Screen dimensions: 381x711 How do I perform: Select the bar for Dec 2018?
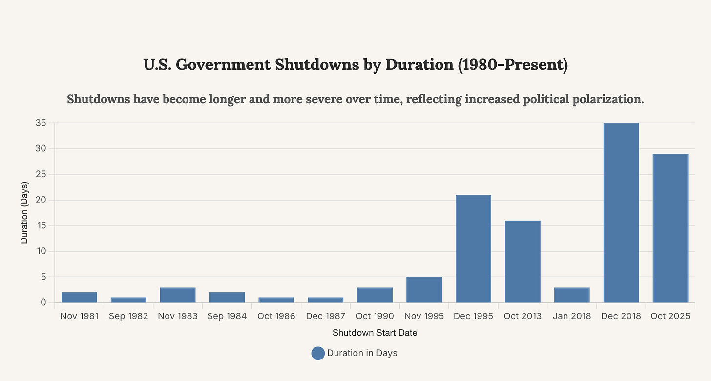tap(621, 213)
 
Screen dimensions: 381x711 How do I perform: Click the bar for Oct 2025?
tap(670, 228)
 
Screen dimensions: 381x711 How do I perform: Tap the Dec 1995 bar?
tap(473, 248)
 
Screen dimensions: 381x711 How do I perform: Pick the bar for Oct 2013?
tap(523, 261)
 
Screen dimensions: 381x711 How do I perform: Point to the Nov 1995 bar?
tap(424, 290)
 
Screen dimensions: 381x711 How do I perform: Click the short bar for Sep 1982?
tap(128, 300)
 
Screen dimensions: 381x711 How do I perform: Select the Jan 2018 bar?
tap(572, 295)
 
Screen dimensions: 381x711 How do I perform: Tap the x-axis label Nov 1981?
tap(79, 316)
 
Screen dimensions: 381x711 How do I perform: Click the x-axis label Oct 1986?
tap(276, 316)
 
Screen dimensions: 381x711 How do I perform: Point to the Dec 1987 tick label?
tap(326, 316)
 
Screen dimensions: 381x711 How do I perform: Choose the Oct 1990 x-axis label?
tap(375, 316)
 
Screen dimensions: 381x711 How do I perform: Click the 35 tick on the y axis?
tap(41, 123)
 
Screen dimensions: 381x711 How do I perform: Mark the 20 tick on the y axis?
tap(41, 200)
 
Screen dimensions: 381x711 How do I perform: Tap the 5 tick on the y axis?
tap(43, 277)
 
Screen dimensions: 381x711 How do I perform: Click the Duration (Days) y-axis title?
tap(24, 213)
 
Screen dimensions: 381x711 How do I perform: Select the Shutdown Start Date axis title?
tap(375, 333)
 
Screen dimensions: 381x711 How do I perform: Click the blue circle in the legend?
tap(318, 353)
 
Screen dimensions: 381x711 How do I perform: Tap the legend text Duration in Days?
tap(362, 353)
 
